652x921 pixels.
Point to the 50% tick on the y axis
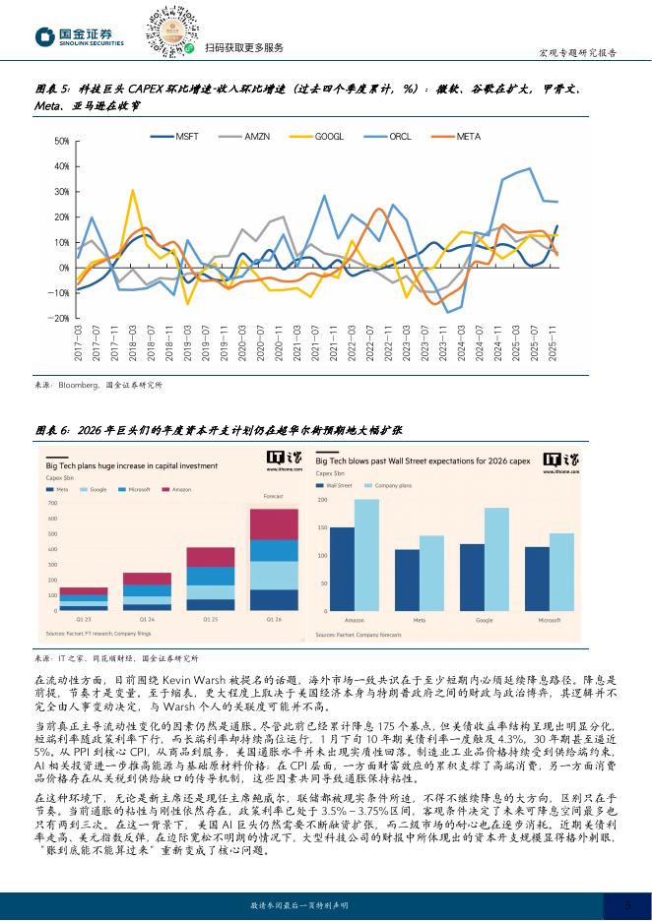pos(61,143)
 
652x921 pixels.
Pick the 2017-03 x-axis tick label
pos(77,342)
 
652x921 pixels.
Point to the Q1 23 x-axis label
pos(84,619)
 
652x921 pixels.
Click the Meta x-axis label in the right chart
pos(419,620)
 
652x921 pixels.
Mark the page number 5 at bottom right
pos(627,903)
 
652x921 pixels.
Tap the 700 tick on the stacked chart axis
pos(53,503)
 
